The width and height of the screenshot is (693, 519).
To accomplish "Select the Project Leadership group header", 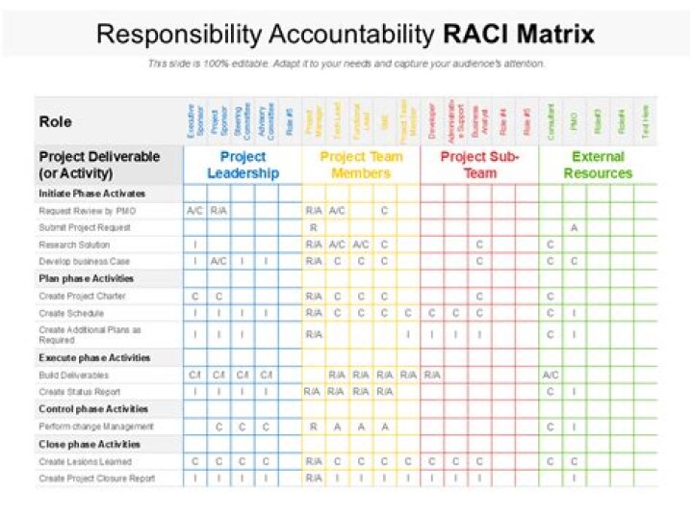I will click(243, 165).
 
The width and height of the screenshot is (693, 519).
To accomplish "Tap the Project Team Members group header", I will click(361, 165).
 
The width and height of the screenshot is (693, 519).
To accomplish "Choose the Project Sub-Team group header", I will click(479, 165).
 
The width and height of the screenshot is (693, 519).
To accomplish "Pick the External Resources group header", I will click(598, 165).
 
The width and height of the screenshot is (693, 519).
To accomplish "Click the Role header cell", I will click(56, 121).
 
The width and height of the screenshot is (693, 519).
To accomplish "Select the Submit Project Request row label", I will click(84, 227).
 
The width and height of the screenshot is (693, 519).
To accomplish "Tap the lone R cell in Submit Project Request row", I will click(314, 227).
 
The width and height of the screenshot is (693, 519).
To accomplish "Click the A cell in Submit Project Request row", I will click(574, 227).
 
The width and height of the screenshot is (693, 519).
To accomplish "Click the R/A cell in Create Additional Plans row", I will click(314, 334).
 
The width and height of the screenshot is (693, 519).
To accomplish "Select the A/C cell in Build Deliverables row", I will click(551, 375).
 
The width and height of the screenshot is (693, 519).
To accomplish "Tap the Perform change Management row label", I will click(95, 426).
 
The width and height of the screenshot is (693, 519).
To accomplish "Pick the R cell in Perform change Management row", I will click(314, 426).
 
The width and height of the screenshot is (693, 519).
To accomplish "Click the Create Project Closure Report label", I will click(96, 478).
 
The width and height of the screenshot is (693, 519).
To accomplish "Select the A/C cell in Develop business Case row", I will click(219, 261).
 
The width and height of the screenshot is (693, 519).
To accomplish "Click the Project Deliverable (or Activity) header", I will click(99, 165).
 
